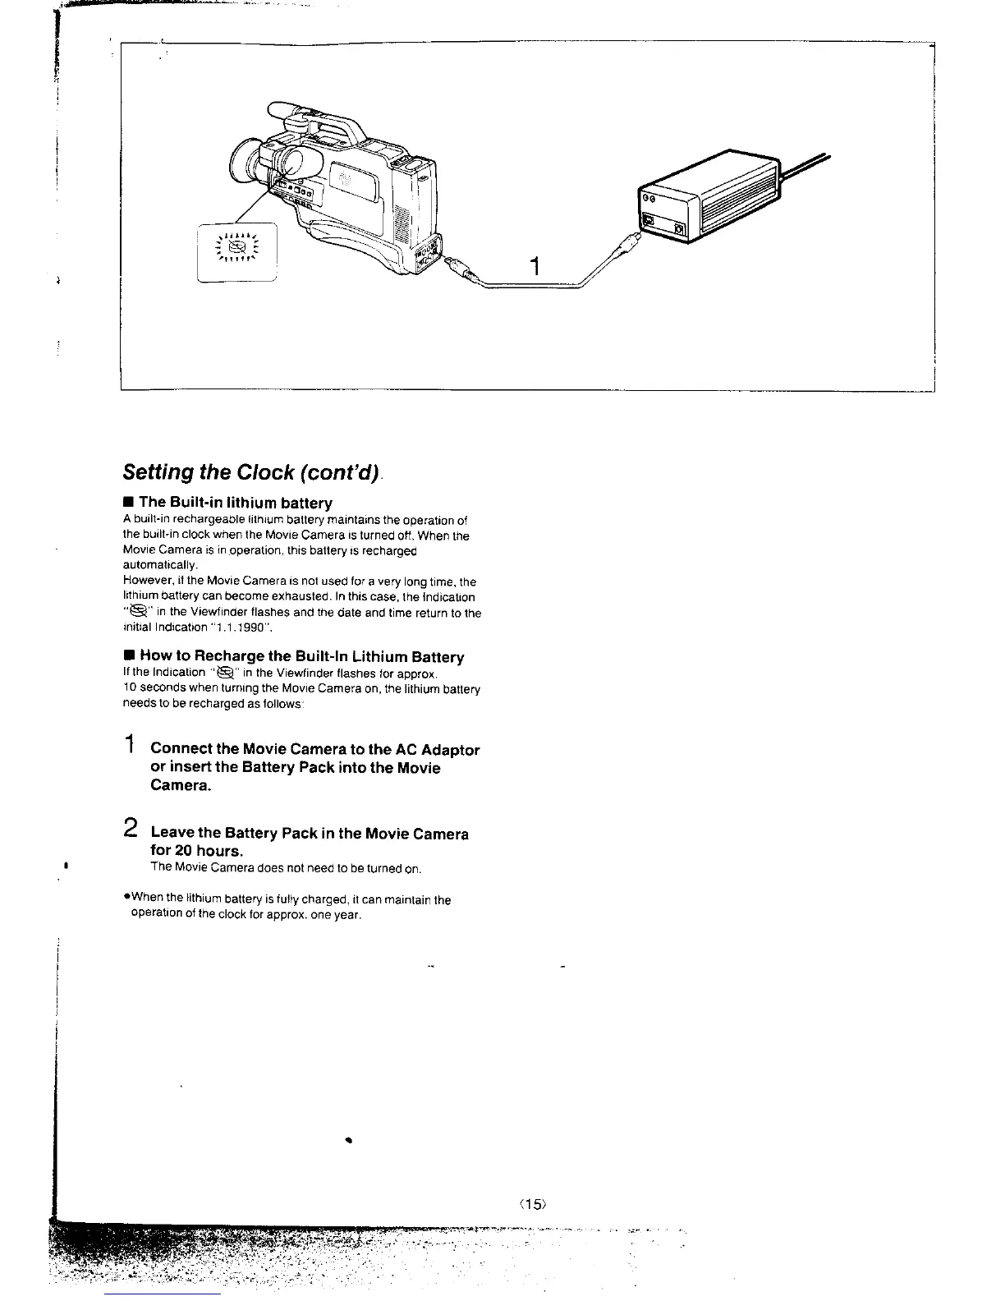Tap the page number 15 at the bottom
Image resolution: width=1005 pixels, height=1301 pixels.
click(533, 1204)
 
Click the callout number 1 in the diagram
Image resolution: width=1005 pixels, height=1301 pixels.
click(535, 267)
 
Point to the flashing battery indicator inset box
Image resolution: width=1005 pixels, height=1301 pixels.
click(238, 251)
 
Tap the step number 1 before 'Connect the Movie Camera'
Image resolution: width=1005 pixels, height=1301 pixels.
click(130, 746)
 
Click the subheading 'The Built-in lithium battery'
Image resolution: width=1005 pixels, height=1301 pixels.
click(235, 502)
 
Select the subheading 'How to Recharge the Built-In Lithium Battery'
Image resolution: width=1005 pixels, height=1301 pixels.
click(301, 656)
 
